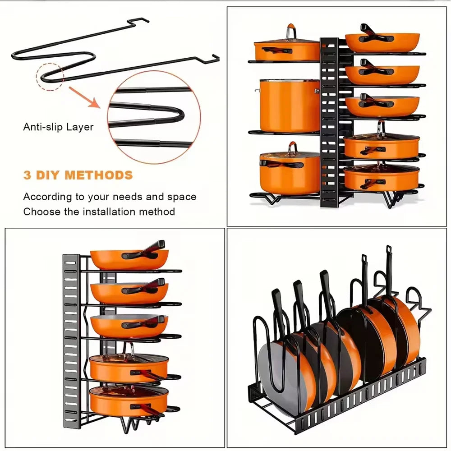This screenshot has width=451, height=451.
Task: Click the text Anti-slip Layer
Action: tap(58, 127)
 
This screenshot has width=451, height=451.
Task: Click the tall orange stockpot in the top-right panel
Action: tap(289, 105)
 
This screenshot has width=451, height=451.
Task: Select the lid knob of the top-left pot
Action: tap(290, 32)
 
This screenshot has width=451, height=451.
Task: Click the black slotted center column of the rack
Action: tap(330, 122)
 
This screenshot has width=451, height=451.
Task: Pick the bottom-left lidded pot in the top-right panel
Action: tap(289, 171)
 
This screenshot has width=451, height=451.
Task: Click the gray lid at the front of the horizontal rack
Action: tap(273, 374)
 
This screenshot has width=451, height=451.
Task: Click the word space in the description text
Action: tap(180, 197)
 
